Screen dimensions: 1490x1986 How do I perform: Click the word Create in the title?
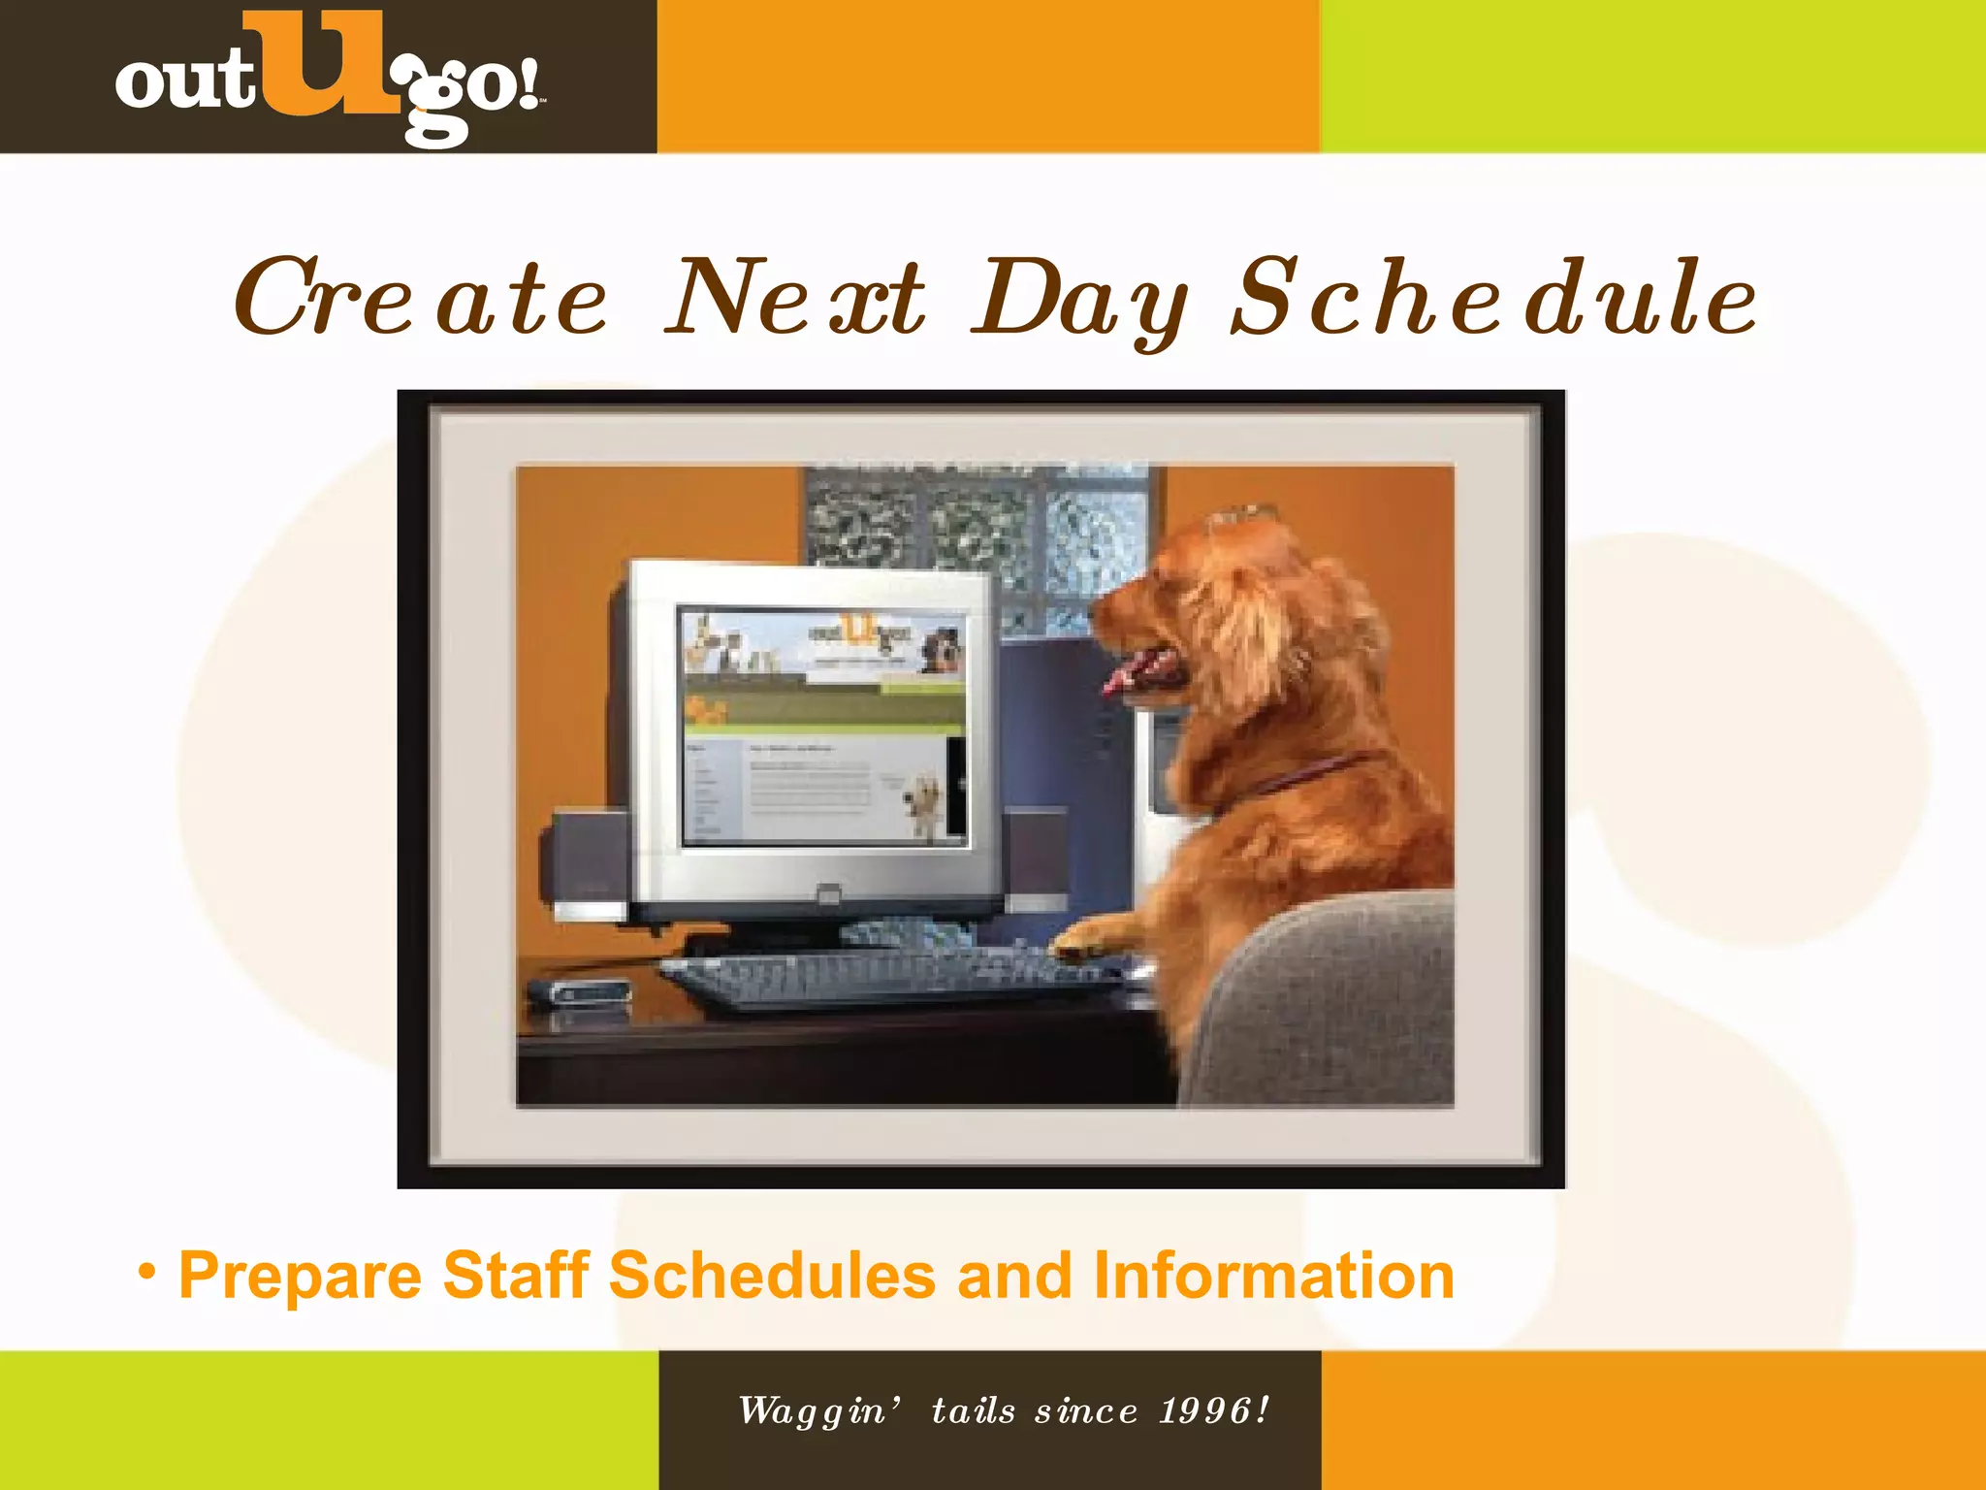click(419, 299)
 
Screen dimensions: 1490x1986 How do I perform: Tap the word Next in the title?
click(795, 299)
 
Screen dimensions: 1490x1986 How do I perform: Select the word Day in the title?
click(1078, 301)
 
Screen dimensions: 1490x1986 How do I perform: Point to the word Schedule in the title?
click(1493, 299)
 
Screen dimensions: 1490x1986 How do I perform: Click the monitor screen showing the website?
click(822, 726)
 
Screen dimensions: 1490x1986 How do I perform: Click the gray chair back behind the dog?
click(1338, 999)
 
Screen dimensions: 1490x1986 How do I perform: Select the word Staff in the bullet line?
click(516, 1275)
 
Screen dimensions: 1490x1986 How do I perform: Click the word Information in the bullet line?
click(1272, 1275)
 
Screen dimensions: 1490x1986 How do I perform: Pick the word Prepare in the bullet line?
click(301, 1277)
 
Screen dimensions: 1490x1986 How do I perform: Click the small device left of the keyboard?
click(580, 993)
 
